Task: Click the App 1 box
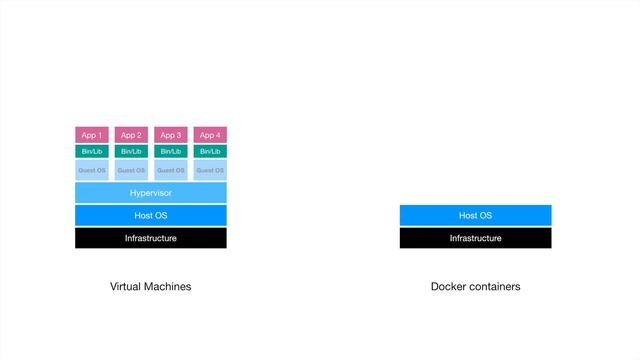91,135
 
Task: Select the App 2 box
131,135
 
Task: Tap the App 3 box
170,135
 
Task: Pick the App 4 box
210,135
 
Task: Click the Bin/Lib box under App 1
91,151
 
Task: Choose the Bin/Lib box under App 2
131,151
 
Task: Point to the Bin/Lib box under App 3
170,151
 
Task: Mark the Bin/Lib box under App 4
210,151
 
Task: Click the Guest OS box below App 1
91,170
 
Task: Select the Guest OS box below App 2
131,170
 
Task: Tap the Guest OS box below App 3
170,170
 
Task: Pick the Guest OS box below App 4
210,170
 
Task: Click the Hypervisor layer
151,193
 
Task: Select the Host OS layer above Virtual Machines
151,215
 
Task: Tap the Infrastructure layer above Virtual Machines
151,238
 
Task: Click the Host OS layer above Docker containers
475,215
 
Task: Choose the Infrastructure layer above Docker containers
475,238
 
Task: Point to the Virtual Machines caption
150,287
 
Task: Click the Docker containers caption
475,287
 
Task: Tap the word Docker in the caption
449,287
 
